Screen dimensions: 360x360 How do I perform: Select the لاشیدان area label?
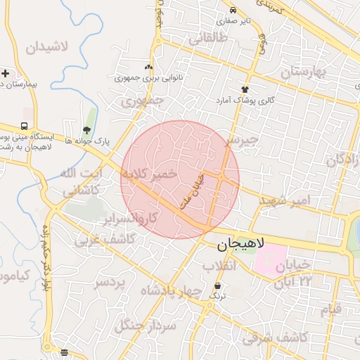click(47, 48)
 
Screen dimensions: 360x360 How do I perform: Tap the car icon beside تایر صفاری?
click(233, 11)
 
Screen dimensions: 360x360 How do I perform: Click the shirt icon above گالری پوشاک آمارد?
click(245, 89)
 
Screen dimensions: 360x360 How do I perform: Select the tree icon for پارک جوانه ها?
click(86, 130)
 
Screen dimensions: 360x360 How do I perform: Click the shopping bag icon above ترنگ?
click(218, 286)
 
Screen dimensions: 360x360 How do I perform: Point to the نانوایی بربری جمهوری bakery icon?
click(148, 67)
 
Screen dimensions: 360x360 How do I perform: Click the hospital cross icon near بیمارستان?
click(5, 73)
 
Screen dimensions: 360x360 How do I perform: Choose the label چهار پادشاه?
click(171, 290)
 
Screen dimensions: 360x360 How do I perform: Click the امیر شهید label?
click(285, 201)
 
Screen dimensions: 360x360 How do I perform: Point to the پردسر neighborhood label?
click(110, 282)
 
